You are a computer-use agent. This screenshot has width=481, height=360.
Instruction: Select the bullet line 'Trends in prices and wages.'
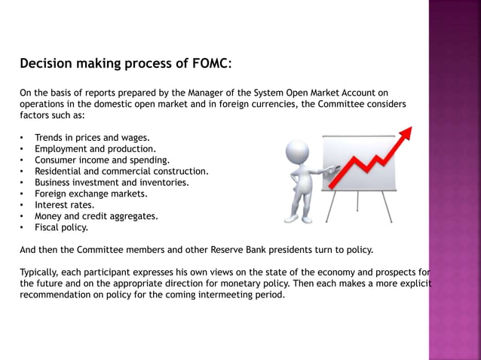point(92,138)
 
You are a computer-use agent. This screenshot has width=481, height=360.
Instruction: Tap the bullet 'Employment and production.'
point(95,149)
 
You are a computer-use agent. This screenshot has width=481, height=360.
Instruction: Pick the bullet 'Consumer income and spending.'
point(102,160)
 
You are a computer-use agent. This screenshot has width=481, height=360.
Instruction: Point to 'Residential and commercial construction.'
point(121,171)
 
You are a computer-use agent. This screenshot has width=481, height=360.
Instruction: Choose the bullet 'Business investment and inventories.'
point(112,182)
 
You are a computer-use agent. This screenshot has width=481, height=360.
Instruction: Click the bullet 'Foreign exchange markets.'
point(90,194)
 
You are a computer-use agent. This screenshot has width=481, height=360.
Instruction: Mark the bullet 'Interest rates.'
point(64,205)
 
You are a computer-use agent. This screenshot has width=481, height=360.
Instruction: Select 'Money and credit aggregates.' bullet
point(96,216)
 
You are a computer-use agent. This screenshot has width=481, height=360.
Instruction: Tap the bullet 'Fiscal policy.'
point(61,227)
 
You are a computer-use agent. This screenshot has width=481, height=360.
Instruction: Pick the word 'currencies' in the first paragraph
point(268,104)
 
